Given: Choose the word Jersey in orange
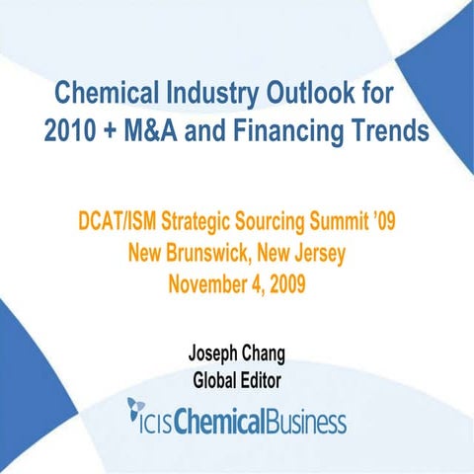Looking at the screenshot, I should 313,254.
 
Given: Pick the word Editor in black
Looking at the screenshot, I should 262,378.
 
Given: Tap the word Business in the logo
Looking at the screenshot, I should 308,423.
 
